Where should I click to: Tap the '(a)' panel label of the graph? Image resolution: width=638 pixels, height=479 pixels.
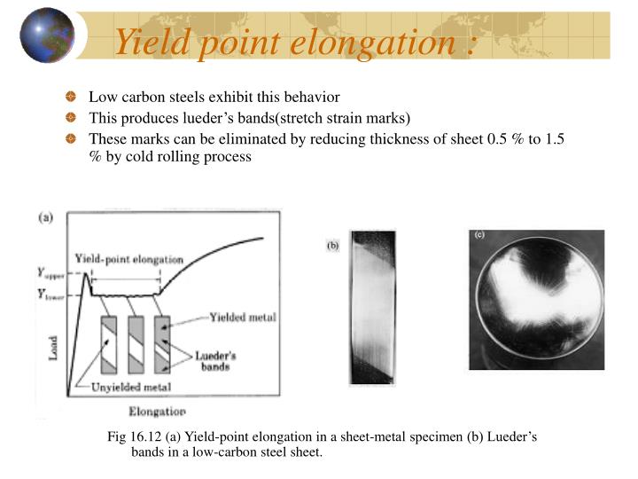43,216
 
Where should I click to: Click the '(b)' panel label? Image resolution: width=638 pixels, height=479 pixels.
333,246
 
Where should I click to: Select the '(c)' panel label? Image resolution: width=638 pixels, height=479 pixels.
480,235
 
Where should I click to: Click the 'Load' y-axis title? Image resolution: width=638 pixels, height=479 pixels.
52,347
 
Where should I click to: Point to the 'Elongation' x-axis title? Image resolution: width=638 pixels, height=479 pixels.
157,412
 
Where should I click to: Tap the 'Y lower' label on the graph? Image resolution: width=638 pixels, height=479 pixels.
51,295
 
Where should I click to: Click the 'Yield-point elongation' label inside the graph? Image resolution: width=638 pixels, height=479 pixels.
129,259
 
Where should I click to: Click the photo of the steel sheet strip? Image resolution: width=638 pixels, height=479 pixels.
371,307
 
